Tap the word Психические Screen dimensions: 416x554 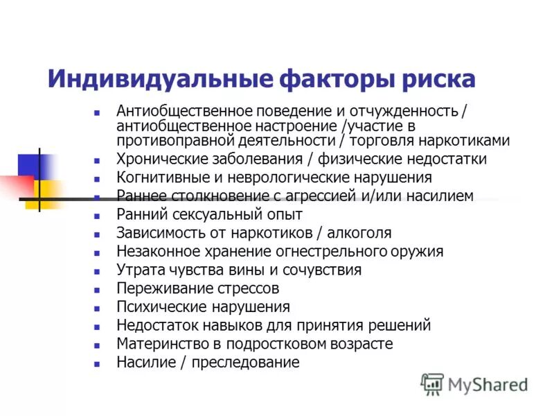click(157, 306)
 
